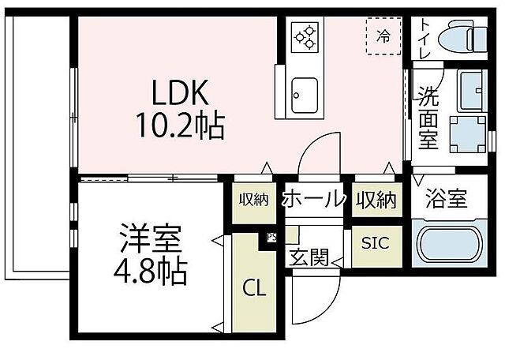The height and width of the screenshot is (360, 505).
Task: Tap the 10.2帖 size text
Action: (181, 125)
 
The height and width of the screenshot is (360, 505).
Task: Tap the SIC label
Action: (375, 242)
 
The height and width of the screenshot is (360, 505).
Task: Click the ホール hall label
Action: (314, 198)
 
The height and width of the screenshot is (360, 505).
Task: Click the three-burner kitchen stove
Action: (305, 36)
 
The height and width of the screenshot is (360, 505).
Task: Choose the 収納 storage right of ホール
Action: (375, 198)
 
